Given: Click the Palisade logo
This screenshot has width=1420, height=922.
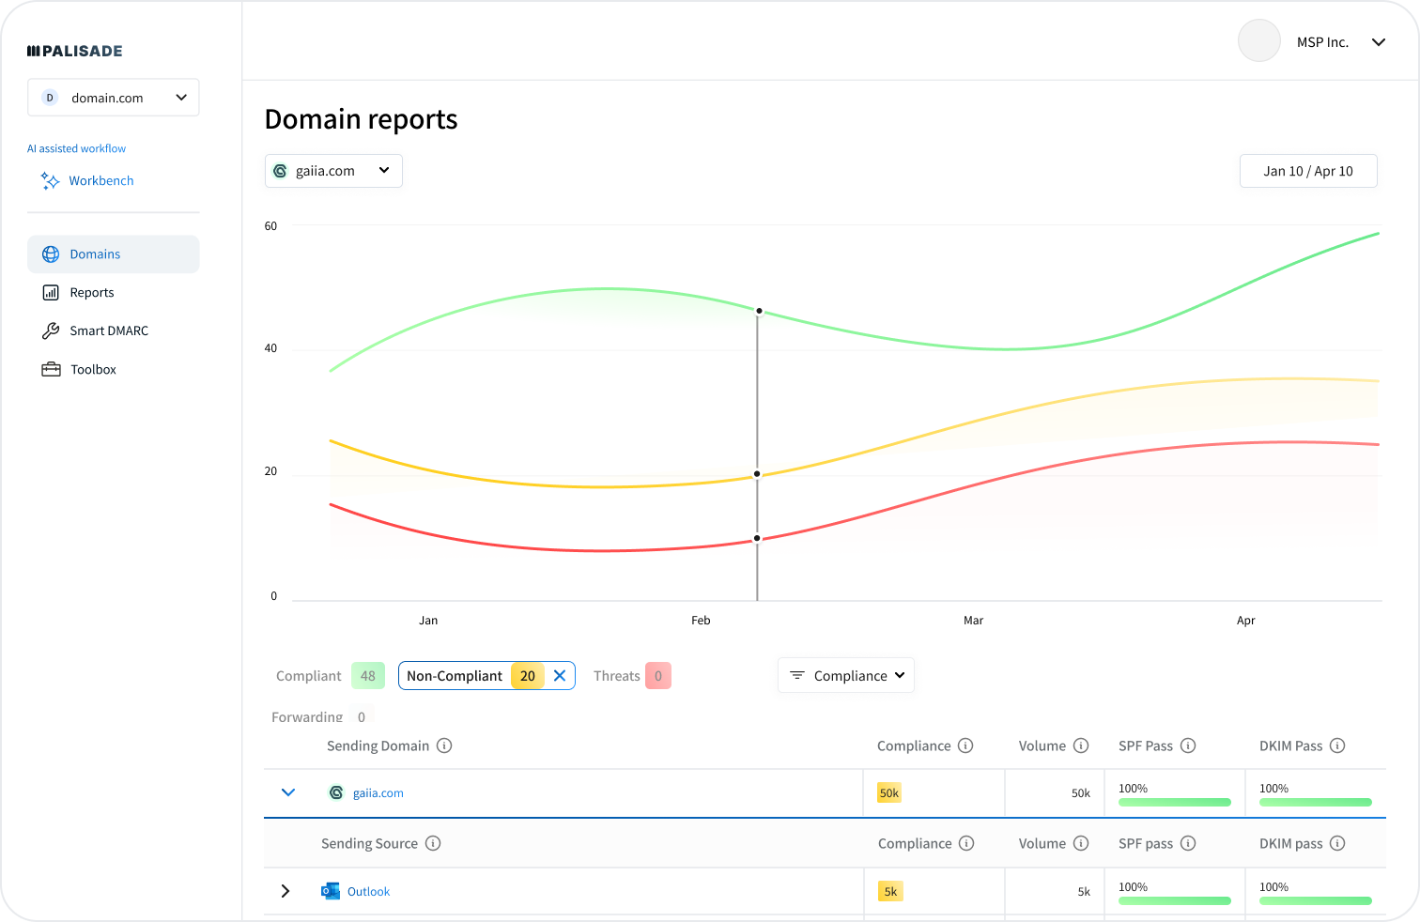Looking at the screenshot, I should tap(75, 51).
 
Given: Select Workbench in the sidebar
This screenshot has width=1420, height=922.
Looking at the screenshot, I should tap(100, 180).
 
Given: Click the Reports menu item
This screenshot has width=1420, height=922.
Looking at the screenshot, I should tap(91, 293).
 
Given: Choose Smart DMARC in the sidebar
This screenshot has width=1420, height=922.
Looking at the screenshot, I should tap(108, 330).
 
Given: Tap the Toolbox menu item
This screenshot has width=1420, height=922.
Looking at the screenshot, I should tap(93, 370).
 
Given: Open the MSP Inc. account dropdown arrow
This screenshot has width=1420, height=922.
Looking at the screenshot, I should tap(1379, 42).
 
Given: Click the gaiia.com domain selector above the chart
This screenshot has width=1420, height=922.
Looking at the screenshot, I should tap(333, 171).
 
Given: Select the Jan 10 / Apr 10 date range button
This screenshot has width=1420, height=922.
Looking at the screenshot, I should tap(1307, 171).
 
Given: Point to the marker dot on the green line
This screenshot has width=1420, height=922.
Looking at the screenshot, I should tap(759, 311).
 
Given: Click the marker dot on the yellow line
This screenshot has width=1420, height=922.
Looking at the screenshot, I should tap(757, 474).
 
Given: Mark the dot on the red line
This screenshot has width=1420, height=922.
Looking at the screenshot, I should tap(757, 539).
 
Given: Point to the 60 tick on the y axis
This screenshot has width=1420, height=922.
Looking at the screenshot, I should tap(270, 226).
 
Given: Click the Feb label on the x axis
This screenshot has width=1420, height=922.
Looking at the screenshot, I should tap(701, 621).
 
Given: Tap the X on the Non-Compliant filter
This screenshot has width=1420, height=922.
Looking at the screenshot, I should tap(560, 676).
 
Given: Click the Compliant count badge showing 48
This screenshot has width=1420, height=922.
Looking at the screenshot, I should tap(368, 676).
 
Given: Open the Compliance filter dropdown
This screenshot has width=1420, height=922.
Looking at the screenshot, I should tap(846, 676).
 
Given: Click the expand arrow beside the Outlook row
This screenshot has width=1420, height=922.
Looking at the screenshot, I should tap(286, 891).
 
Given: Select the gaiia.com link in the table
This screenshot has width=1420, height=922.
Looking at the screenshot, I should tap(378, 793).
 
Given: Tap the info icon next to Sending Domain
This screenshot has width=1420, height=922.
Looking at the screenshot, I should tap(444, 745).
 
